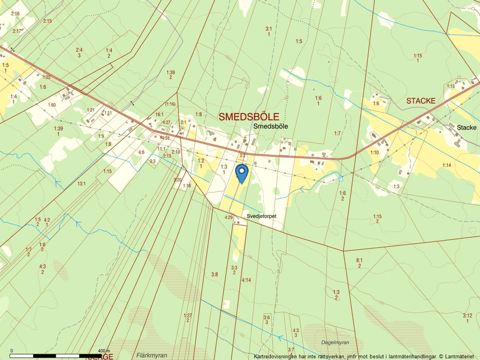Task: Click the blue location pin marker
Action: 241,173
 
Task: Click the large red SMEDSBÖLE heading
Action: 248,117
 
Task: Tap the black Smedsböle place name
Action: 271,126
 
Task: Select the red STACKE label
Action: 421,101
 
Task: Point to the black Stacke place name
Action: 467,127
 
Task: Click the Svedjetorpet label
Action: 261,215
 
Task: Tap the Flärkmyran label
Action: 151,355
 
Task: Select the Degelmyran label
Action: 335,343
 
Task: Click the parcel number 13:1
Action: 81,184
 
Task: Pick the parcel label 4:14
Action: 246,280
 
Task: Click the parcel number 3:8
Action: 215,275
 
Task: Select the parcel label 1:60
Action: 52,105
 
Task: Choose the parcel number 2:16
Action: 15,13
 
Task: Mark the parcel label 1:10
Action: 375,152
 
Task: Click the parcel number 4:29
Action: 229,218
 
